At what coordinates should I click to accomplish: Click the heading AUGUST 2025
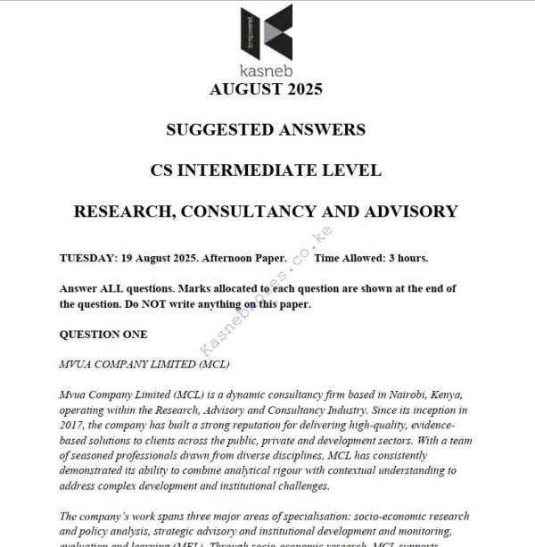click(265, 89)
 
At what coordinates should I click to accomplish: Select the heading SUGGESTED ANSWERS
click(265, 129)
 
